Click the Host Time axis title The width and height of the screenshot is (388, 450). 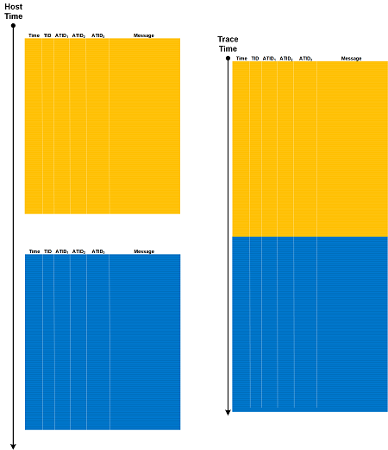(x=14, y=11)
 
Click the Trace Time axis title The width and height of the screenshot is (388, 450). (x=228, y=44)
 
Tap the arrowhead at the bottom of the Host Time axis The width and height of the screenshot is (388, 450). (x=13, y=447)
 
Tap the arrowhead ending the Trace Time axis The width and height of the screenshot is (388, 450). (x=228, y=413)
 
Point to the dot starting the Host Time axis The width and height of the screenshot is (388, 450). (x=13, y=26)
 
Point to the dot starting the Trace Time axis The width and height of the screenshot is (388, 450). (x=228, y=58)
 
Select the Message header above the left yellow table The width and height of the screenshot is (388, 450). (x=144, y=35)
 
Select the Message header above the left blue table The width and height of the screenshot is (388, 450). (x=144, y=251)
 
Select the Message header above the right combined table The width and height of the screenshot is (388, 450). (x=351, y=59)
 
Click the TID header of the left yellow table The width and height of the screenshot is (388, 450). (x=47, y=35)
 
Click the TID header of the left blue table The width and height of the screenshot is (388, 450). (x=47, y=251)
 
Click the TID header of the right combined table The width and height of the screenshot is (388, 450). (x=255, y=59)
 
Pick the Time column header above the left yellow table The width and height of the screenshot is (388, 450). (x=34, y=35)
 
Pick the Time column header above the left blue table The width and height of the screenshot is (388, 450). (x=34, y=251)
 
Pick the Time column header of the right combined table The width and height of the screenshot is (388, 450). (x=241, y=59)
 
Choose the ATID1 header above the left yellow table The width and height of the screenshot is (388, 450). (x=61, y=35)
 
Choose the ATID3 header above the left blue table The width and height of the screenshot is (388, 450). (x=98, y=251)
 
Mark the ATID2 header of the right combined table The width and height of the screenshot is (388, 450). (x=286, y=59)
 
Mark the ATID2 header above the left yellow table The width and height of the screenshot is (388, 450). (x=78, y=35)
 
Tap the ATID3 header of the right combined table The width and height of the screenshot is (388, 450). (x=306, y=59)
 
